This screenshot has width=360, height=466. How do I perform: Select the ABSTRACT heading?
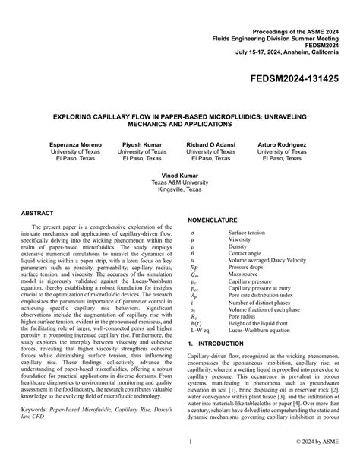coord(38,214)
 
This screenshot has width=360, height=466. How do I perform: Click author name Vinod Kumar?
coord(179,175)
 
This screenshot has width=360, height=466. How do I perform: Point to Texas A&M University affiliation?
coord(179,182)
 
